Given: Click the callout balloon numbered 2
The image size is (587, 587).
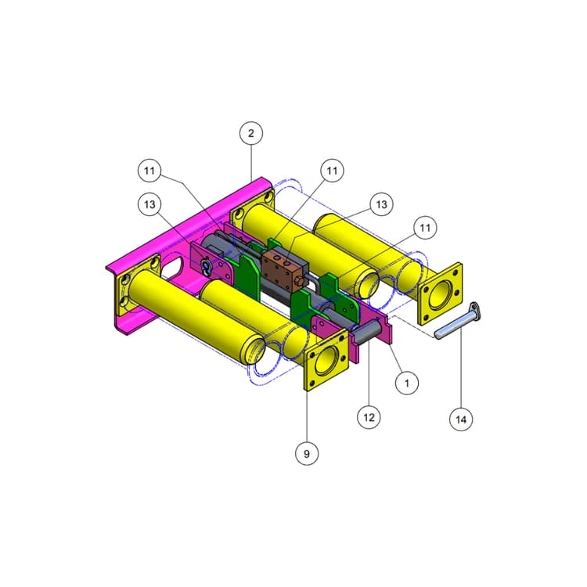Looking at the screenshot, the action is [251, 133].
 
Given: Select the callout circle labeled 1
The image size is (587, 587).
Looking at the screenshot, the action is [407, 383].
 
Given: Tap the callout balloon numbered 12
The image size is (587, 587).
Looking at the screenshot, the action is [369, 417].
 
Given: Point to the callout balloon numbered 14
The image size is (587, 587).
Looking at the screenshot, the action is [461, 420].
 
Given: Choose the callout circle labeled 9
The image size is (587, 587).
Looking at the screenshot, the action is [307, 454].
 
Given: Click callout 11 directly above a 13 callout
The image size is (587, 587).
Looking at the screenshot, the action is [149, 171].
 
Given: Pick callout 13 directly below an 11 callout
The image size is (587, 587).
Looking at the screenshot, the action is [149, 204].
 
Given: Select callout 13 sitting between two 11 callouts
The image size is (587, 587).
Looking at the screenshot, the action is [381, 204].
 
